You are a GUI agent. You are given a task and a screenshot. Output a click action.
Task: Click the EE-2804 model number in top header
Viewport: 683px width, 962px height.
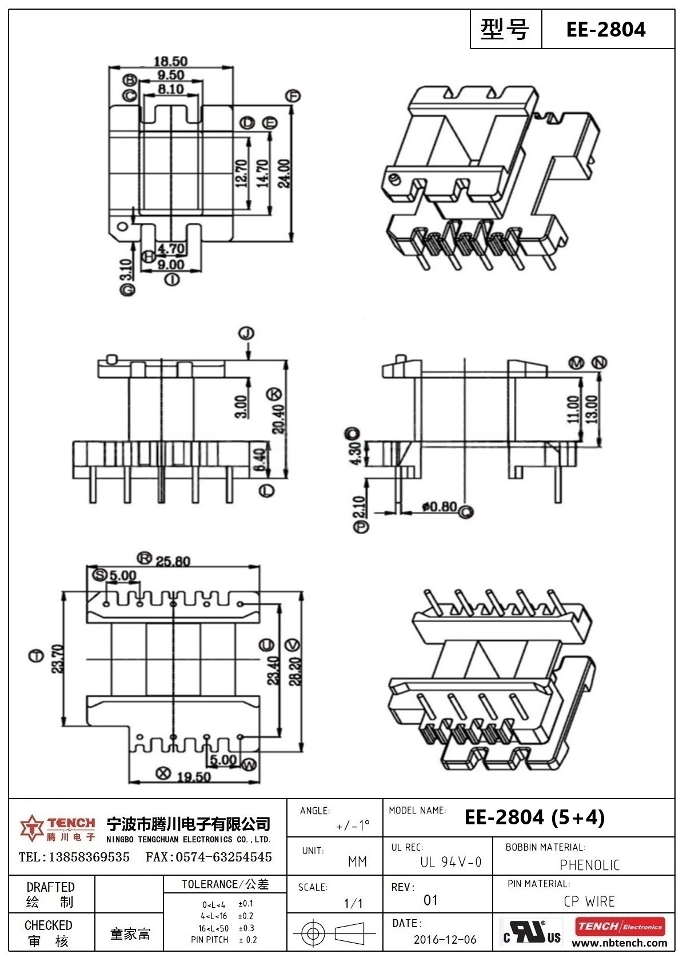click(x=605, y=29)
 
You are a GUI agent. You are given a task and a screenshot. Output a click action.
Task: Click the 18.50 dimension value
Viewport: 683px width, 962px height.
click(x=170, y=61)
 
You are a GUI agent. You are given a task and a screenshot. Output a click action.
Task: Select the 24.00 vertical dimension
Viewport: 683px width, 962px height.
click(x=284, y=174)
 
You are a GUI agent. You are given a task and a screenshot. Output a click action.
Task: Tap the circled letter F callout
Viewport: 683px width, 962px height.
click(x=294, y=96)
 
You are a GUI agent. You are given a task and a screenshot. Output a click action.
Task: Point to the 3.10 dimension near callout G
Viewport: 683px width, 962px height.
click(x=126, y=269)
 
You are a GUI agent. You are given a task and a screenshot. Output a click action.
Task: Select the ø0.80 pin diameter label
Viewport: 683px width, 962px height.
click(x=439, y=506)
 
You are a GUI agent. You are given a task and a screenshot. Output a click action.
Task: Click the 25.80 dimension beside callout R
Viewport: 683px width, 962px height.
click(x=173, y=562)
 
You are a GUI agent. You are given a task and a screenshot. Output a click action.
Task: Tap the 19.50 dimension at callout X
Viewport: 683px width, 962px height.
click(x=193, y=776)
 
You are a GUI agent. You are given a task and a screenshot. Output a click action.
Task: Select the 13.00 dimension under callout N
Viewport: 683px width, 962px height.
click(x=592, y=409)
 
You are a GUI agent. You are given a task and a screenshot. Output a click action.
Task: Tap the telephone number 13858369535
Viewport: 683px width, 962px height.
click(x=90, y=857)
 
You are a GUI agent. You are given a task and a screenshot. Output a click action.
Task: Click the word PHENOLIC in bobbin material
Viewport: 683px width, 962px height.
click(x=589, y=865)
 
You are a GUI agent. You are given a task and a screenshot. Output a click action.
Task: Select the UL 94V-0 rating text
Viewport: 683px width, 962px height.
click(x=450, y=862)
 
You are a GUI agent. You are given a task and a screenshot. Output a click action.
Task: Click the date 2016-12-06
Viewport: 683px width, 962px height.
click(x=445, y=940)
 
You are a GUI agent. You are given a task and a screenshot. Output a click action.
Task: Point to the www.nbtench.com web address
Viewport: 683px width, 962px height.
click(x=619, y=943)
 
